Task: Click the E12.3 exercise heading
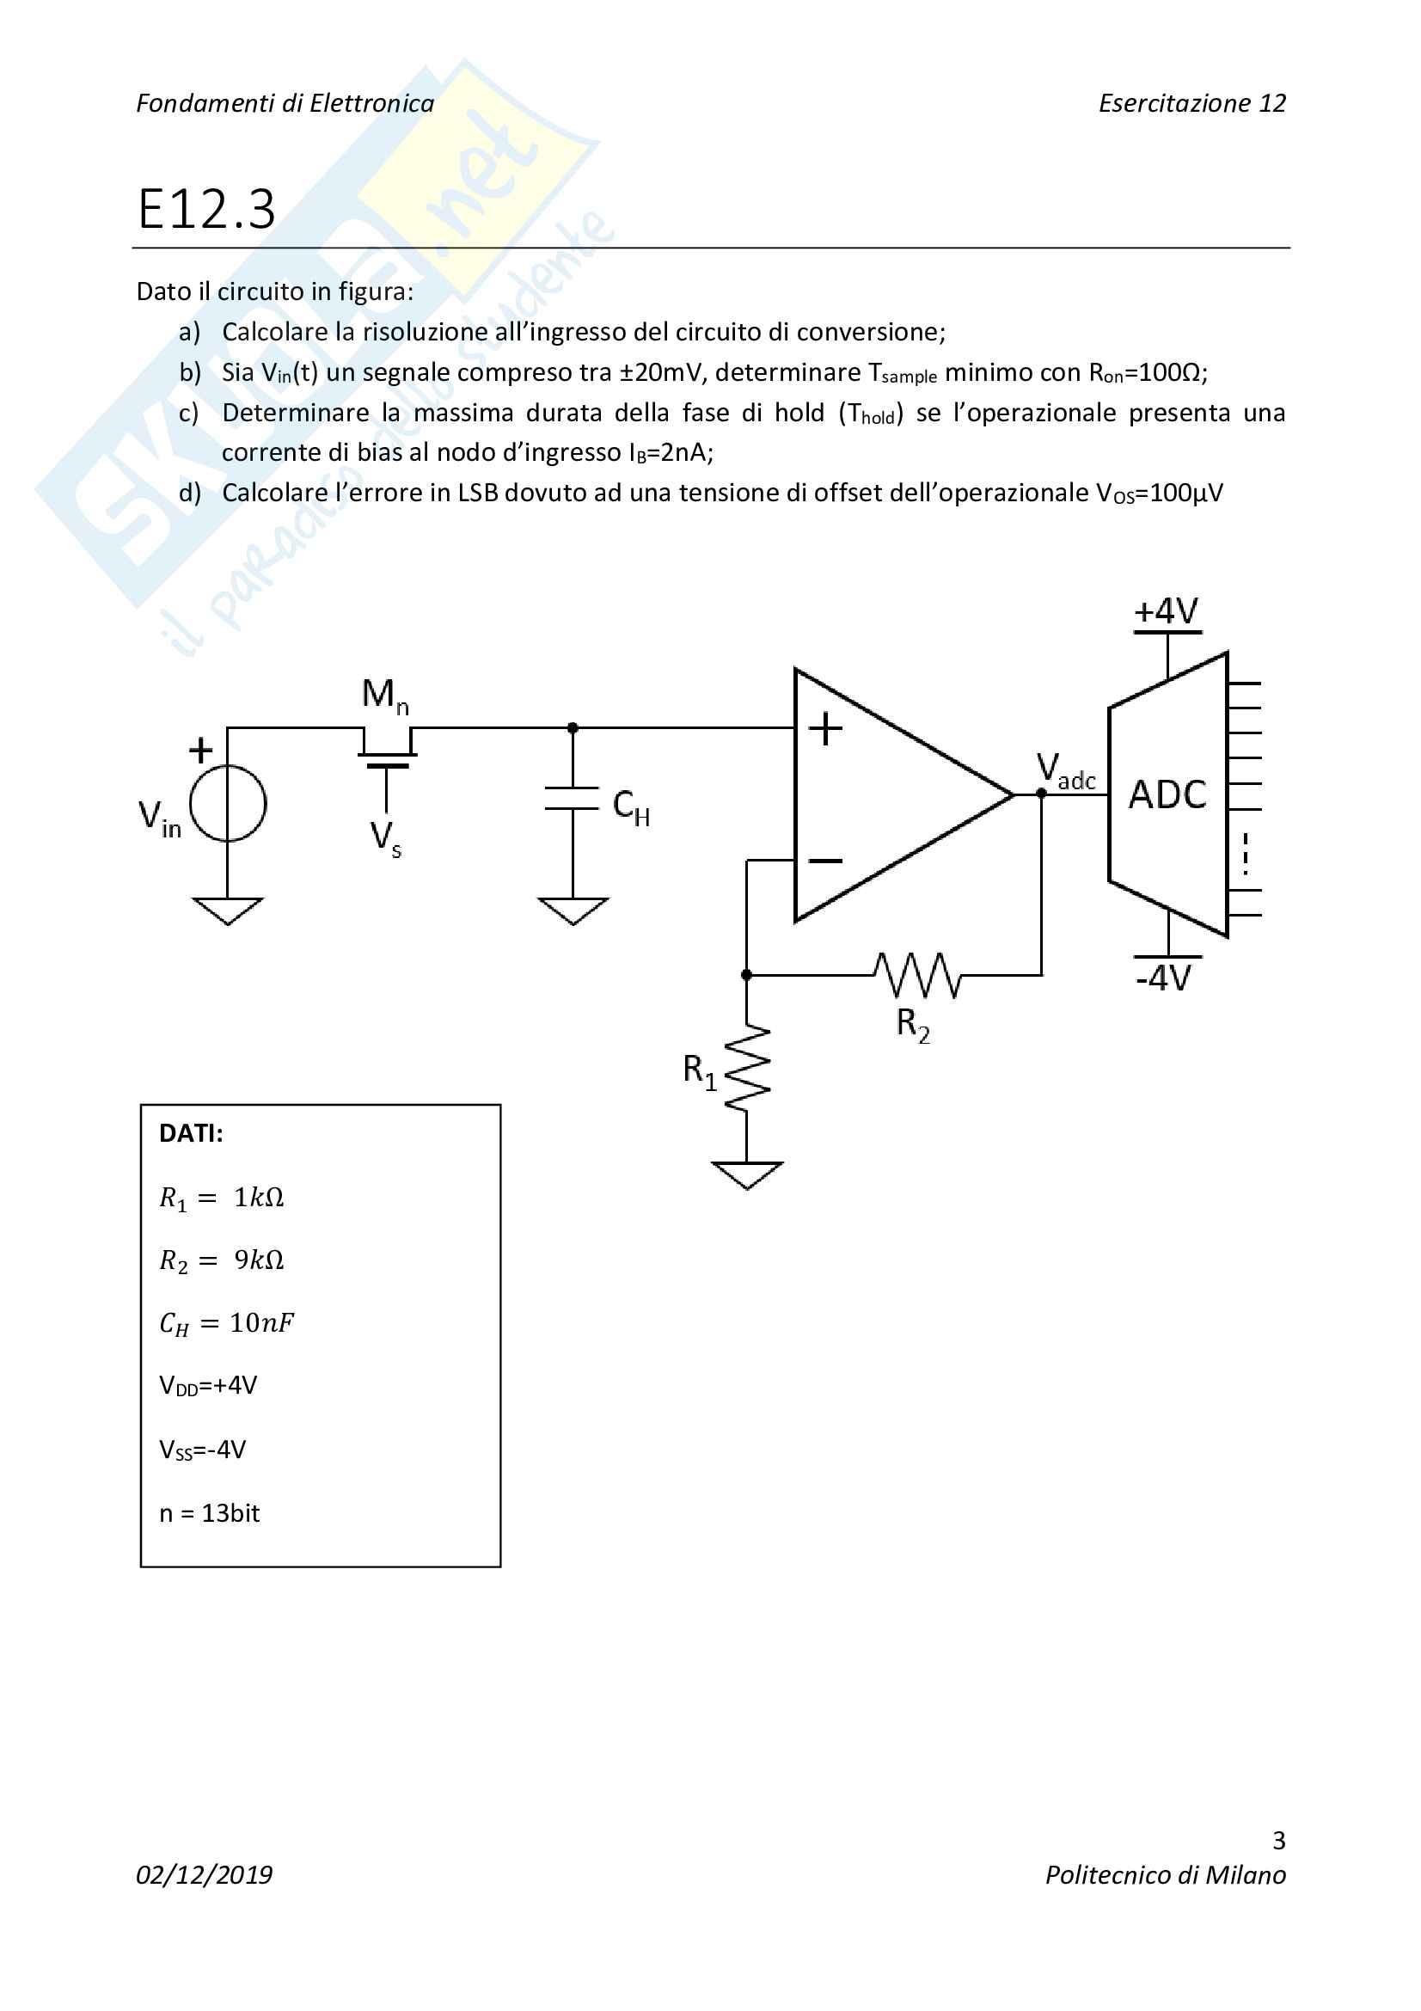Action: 206,210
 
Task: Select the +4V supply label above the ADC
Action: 1167,611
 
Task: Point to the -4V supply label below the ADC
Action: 1164,978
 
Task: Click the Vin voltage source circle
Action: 228,803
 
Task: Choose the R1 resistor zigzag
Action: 747,1069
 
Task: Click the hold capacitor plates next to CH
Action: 573,799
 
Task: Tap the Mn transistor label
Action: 384,696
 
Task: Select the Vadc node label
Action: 1065,770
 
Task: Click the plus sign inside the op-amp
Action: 824,729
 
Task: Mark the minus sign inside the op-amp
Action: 824,861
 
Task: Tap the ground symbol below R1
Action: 747,1174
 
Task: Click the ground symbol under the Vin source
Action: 228,910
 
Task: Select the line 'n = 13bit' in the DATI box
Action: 209,1513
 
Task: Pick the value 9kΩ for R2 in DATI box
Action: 259,1260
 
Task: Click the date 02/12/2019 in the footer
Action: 204,1875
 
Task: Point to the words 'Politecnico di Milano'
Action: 1166,1875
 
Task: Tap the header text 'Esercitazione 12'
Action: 1191,103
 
